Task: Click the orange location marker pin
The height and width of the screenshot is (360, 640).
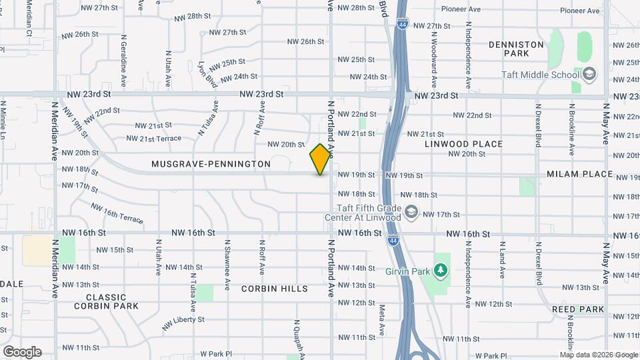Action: (321, 159)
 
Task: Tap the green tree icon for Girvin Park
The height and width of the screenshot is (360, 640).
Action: (439, 270)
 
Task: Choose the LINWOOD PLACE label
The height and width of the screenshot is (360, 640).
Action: (464, 144)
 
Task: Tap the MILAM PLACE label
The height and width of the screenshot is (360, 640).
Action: (579, 174)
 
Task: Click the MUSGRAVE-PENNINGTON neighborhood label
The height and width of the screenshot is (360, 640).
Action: (211, 164)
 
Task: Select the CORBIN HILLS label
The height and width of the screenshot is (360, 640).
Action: (275, 289)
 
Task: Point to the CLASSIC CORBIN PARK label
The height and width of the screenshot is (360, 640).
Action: (106, 301)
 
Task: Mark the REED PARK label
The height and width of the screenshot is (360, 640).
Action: (578, 309)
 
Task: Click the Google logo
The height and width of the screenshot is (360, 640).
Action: (22, 352)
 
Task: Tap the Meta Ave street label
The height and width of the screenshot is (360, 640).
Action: (382, 320)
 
